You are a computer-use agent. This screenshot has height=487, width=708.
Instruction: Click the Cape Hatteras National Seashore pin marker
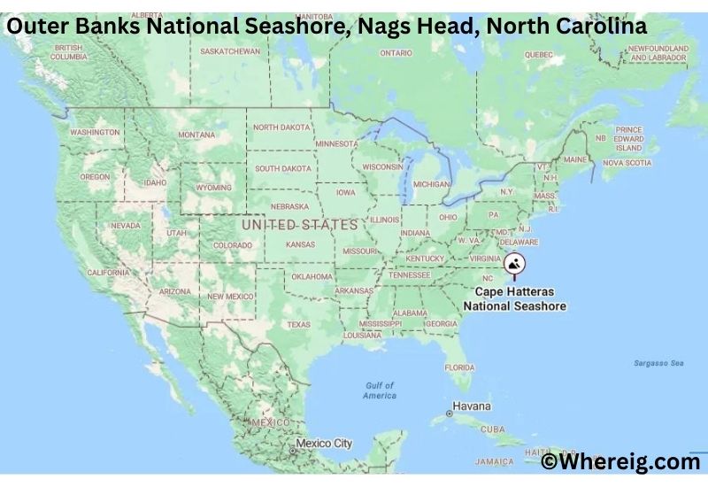point(514,263)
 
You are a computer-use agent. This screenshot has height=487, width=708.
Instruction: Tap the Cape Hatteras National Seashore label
point(514,298)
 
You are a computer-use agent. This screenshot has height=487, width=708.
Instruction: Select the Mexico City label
point(323,443)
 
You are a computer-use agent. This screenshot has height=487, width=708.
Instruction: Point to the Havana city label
point(471,406)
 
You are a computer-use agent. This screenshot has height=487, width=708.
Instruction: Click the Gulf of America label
point(380,390)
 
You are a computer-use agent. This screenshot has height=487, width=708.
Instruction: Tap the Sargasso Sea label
point(658,363)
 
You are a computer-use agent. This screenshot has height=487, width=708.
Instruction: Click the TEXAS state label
point(298,324)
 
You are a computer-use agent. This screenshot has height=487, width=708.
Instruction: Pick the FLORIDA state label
point(459,367)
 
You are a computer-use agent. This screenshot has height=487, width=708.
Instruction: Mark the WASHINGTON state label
point(95,132)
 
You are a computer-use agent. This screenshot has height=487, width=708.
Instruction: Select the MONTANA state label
point(196,135)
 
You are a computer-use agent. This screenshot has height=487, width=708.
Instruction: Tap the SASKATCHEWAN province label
point(230,51)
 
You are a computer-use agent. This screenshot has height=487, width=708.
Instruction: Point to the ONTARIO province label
point(396,53)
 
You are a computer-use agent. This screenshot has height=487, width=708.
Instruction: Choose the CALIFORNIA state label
point(109,273)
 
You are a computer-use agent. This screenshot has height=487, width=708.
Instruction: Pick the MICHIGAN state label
point(431,184)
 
